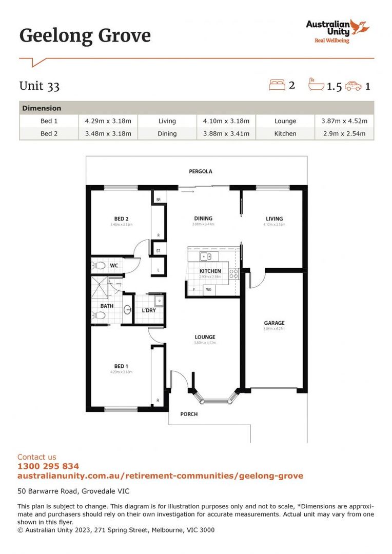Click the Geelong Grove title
tap(85, 36)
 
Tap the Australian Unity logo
tap(338, 31)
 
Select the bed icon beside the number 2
tap(277, 85)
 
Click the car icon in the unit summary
tap(353, 86)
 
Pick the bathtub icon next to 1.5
tap(316, 85)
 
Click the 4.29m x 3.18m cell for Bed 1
tap(108, 121)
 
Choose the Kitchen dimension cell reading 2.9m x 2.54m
tap(344, 133)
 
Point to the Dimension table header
tap(42, 108)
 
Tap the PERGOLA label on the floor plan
tap(200, 171)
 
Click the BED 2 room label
tap(121, 219)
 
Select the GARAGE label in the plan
tap(274, 323)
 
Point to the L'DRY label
tap(149, 310)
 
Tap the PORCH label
tap(189, 414)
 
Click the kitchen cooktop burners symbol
tap(233, 273)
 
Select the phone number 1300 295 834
tap(48, 466)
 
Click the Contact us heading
tap(37, 457)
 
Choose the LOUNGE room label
tap(205, 337)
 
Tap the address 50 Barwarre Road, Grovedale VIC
tap(77, 491)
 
